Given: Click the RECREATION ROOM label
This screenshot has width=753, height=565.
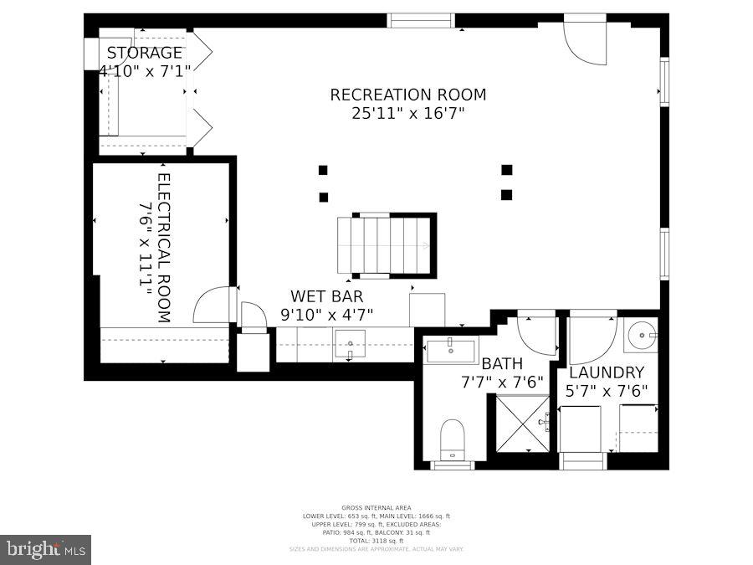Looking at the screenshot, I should coord(407,95).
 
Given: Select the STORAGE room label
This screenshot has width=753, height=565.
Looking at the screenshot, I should coord(144,53).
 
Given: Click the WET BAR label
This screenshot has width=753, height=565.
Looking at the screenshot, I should coord(326,296).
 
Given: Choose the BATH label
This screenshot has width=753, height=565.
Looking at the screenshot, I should coord(502,364).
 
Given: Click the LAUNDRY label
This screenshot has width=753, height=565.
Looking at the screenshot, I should coord(607,372).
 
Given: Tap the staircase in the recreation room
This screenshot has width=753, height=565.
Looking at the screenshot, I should coord(386,245).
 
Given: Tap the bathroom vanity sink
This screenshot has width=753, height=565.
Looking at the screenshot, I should coord(451,349).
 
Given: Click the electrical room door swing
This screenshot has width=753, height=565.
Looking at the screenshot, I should coord(213,306).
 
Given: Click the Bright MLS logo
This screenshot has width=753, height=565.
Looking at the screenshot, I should coord(45,550).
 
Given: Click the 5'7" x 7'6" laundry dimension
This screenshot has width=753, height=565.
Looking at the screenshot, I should coord(607,391).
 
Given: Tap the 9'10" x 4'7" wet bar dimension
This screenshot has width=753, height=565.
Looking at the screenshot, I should coord(326,315).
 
